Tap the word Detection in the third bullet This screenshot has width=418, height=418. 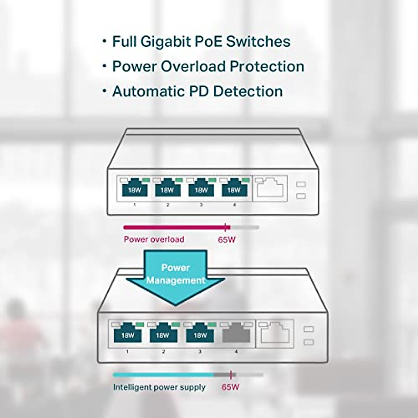pos(248,91)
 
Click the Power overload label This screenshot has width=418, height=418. pos(154,239)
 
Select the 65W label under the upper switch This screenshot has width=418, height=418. pos(227,240)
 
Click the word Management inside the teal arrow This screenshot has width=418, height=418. pos(176,280)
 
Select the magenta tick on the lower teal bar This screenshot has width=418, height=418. pos(231,375)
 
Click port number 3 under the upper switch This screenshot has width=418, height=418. pos(201,205)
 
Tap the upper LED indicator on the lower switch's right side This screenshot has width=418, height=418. pos(309,329)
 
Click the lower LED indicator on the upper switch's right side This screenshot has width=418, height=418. pos(301,196)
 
